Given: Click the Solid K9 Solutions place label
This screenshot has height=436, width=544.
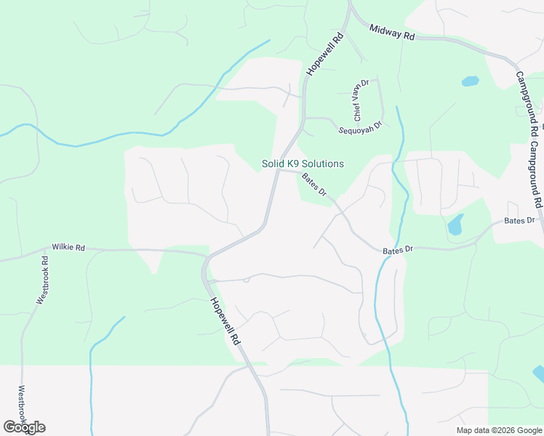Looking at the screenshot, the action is point(303,164).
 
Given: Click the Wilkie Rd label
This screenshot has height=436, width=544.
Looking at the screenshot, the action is point(68,248).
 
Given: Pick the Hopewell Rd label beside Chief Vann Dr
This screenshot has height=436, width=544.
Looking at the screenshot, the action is point(324,54).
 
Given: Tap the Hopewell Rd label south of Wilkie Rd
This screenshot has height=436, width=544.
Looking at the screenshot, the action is point(225,320).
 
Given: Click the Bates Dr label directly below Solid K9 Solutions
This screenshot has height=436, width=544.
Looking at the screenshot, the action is point(314,185).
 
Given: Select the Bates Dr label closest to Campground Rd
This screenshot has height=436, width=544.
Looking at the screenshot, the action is point(519,220).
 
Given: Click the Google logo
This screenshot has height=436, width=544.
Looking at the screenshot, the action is point(24,427).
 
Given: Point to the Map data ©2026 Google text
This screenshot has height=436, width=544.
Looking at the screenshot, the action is point(498,430).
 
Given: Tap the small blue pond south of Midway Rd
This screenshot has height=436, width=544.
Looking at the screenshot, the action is point(471,81).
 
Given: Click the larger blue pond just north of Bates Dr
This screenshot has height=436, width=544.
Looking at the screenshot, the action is point(456,225).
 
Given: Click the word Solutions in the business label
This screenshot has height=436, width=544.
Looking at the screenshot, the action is point(324,164).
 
